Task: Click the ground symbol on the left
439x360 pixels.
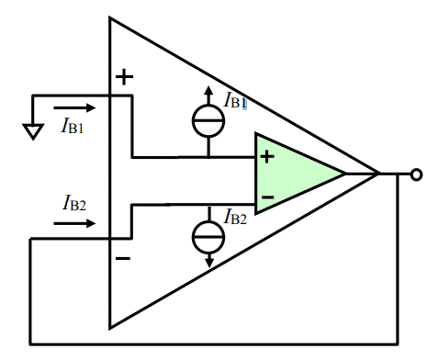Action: pyautogui.click(x=32, y=131)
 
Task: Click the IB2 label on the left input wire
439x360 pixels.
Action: pyautogui.click(x=75, y=201)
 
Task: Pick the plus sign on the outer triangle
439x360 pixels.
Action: pyautogui.click(x=124, y=77)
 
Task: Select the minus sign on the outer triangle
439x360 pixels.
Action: pyautogui.click(x=123, y=259)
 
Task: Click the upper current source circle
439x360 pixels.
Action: pyautogui.click(x=208, y=121)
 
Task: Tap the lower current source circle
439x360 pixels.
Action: pyautogui.click(x=208, y=237)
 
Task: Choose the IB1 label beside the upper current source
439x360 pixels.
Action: pyautogui.click(x=236, y=101)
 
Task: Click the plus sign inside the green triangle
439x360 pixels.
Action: pyautogui.click(x=267, y=156)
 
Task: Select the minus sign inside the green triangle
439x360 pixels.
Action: pyautogui.click(x=267, y=196)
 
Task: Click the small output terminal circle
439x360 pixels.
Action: pyautogui.click(x=417, y=174)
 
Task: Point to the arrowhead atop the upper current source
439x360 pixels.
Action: pyautogui.click(x=208, y=92)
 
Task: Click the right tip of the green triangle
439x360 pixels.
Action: pyautogui.click(x=344, y=174)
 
